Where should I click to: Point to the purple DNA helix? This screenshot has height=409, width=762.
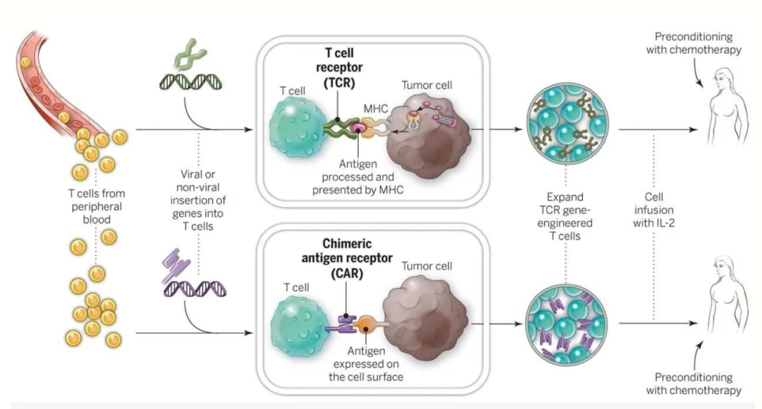[x=189, y=287]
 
